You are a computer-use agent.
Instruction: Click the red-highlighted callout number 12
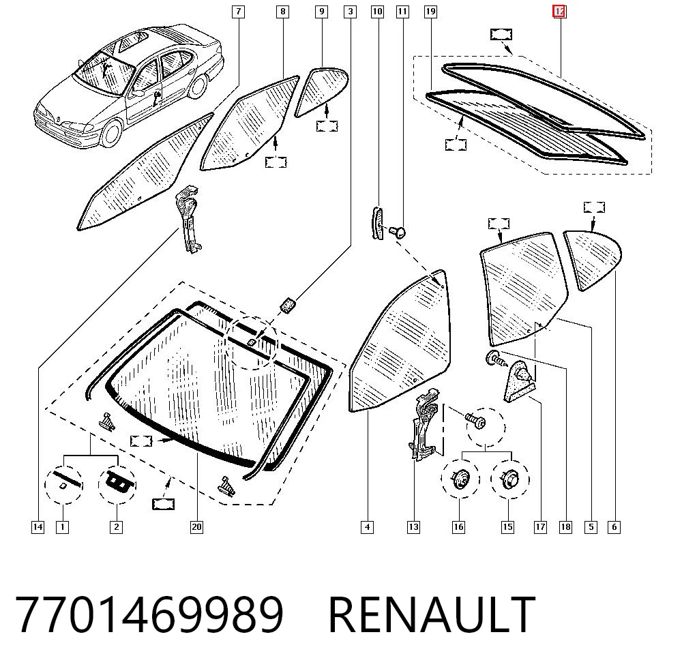(559, 12)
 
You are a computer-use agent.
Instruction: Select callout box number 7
(238, 12)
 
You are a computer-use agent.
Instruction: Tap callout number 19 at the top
(430, 12)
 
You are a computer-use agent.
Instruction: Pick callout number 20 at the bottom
(196, 527)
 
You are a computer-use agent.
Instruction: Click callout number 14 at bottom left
(38, 527)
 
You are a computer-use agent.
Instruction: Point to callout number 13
(413, 527)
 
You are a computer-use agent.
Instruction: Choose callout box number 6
(614, 527)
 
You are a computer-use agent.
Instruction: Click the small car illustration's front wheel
(111, 133)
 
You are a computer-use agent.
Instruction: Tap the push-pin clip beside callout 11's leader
(398, 233)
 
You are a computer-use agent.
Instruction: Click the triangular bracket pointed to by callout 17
(520, 381)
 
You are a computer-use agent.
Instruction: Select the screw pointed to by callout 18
(496, 359)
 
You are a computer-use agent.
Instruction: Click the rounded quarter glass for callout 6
(593, 258)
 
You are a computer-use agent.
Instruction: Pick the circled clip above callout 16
(460, 479)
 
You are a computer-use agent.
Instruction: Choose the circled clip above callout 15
(510, 479)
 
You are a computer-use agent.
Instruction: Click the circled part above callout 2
(117, 484)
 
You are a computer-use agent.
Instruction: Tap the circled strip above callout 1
(64, 484)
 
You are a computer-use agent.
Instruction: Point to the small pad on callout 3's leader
(288, 304)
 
